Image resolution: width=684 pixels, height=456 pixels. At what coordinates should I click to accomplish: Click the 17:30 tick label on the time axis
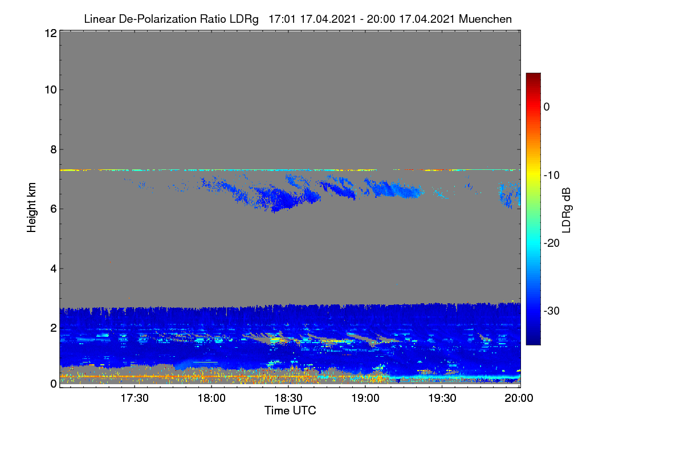[x=135, y=398]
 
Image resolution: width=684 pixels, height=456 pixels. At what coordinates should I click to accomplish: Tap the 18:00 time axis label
[x=211, y=398]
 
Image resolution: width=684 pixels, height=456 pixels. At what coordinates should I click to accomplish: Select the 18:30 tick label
[x=288, y=398]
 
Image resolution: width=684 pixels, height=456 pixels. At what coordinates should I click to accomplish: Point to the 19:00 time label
[x=365, y=398]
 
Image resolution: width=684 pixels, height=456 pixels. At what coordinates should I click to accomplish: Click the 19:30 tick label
[x=442, y=398]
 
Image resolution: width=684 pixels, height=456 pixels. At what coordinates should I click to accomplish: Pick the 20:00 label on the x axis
[x=519, y=398]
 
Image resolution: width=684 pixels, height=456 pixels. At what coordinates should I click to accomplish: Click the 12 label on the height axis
[x=51, y=33]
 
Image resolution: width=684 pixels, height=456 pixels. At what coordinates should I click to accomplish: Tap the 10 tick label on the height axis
[x=51, y=90]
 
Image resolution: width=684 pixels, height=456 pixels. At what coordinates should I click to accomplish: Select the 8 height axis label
[x=54, y=149]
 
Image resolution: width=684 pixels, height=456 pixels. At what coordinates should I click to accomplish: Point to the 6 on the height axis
[x=54, y=209]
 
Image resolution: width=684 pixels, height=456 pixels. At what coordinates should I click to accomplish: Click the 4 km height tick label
[x=54, y=268]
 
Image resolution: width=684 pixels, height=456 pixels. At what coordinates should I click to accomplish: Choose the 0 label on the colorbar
[x=547, y=107]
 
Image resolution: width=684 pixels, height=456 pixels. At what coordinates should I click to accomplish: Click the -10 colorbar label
[x=552, y=176]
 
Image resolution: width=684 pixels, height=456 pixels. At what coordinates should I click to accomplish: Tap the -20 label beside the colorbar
[x=552, y=243]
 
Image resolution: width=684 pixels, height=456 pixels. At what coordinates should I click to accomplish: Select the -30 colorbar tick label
[x=552, y=311]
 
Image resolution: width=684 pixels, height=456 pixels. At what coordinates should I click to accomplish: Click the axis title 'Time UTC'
[x=290, y=410]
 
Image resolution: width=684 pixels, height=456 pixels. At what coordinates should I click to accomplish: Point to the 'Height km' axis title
[x=31, y=207]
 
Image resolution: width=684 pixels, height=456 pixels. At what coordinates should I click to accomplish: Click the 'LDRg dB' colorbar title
[x=566, y=210]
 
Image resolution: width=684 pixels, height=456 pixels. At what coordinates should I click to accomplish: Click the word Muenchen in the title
[x=485, y=19]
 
